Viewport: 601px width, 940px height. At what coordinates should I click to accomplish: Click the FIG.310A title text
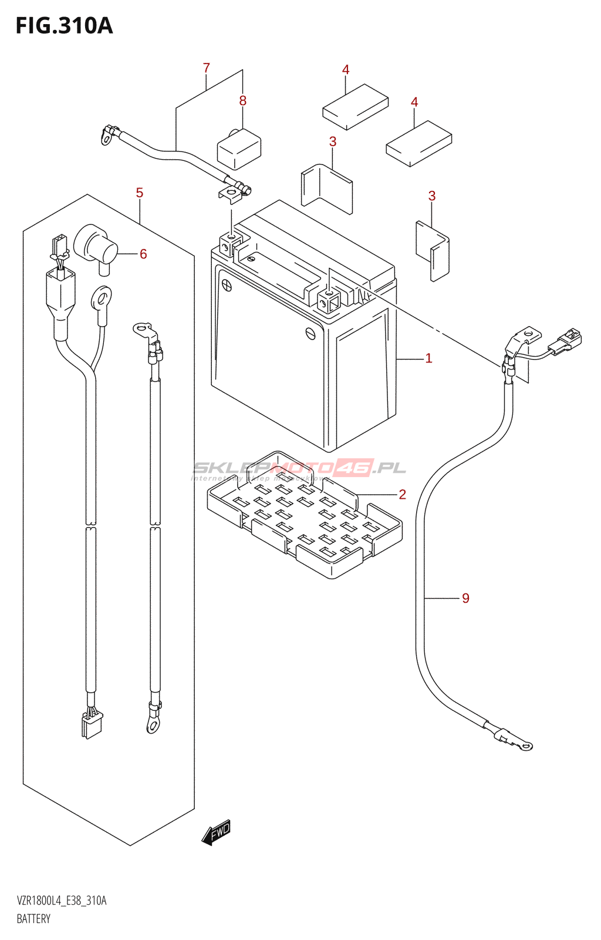click(x=64, y=26)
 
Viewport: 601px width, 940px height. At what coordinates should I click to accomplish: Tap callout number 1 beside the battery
click(x=428, y=358)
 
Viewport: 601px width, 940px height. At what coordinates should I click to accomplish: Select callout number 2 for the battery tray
click(x=402, y=494)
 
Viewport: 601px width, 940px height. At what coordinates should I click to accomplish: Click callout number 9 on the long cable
click(x=465, y=598)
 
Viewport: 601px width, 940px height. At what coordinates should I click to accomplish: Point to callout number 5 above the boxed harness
click(x=139, y=193)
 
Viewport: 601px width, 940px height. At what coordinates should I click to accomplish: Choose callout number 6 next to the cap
click(x=143, y=254)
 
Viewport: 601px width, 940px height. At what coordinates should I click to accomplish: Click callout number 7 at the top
click(x=206, y=68)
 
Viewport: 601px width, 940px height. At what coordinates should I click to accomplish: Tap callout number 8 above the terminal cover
click(x=242, y=101)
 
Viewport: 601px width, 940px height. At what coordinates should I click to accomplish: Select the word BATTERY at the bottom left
click(x=33, y=919)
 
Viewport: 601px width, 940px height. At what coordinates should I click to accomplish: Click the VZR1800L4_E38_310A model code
click(x=62, y=901)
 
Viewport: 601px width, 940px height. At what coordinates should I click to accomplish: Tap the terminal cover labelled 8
click(x=239, y=149)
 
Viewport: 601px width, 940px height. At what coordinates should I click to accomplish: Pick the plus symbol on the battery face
click(x=226, y=286)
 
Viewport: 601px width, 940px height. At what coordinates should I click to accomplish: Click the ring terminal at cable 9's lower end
click(x=524, y=746)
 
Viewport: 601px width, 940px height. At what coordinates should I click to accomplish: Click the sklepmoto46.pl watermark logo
click(x=299, y=468)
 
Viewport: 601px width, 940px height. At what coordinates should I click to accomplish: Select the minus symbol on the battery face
click(x=310, y=333)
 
